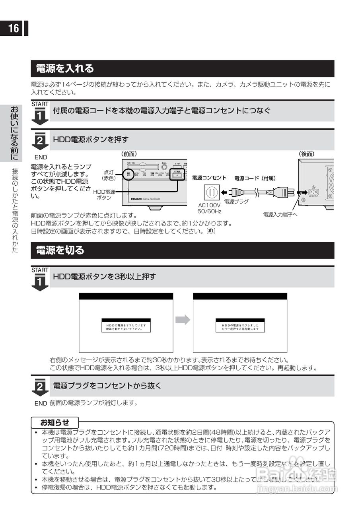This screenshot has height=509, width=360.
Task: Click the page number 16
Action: [x=14, y=29]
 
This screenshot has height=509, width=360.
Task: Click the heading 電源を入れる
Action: [x=65, y=68]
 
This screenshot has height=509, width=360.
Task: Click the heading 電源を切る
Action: [x=60, y=250]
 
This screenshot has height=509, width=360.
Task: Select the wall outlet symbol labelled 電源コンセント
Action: [x=211, y=193]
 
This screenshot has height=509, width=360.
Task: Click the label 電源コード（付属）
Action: [x=255, y=178]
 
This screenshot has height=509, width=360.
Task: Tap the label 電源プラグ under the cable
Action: [x=236, y=202]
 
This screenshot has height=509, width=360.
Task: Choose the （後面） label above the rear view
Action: [x=306, y=154]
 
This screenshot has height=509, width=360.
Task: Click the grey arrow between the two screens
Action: [x=183, y=320]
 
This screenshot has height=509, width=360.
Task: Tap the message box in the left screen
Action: [x=126, y=326]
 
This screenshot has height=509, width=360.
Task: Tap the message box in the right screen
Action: [x=240, y=326]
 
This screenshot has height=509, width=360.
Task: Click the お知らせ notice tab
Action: [x=55, y=422]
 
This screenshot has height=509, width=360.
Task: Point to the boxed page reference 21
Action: [x=211, y=231]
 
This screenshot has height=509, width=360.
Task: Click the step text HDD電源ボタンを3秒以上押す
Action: [x=104, y=276]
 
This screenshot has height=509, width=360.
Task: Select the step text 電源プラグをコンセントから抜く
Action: [x=107, y=385]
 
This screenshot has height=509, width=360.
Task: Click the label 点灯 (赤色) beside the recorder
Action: [x=109, y=175]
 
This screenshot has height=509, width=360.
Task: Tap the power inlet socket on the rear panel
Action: [x=313, y=192]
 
